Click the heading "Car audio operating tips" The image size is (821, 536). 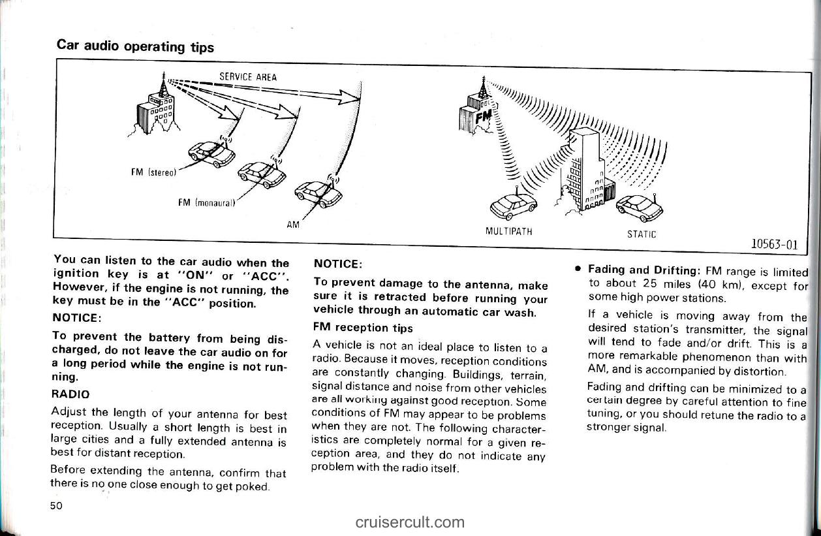(135, 46)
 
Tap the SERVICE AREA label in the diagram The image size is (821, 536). (248, 76)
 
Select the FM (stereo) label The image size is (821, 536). (154, 172)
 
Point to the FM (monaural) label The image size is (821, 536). (206, 202)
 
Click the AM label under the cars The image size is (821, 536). (293, 225)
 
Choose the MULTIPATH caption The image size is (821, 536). (509, 231)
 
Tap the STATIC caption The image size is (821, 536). (642, 234)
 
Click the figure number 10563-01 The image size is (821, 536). (775, 244)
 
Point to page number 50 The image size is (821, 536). (56, 506)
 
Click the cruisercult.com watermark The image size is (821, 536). (410, 522)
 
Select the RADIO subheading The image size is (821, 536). (70, 394)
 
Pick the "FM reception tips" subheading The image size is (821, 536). (364, 327)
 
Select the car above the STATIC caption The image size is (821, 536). (640, 208)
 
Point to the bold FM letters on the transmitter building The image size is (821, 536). (484, 118)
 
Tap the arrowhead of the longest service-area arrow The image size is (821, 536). (350, 97)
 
